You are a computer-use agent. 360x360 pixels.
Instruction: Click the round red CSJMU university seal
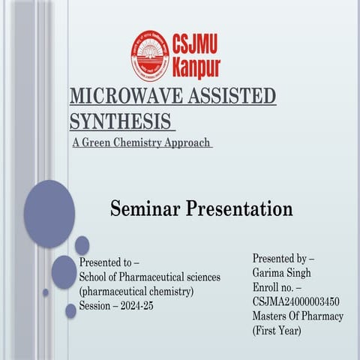click(x=150, y=55)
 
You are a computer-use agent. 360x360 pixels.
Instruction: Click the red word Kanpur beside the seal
click(x=196, y=67)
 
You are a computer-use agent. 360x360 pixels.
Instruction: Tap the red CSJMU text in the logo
click(x=196, y=43)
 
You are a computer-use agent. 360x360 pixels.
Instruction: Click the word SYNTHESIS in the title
click(x=117, y=121)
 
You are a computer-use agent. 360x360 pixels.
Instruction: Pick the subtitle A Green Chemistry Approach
click(x=141, y=142)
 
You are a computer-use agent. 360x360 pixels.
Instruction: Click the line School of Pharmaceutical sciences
click(x=149, y=277)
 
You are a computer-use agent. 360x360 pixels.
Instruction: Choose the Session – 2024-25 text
click(x=116, y=305)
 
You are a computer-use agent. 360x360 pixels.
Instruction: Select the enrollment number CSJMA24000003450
click(x=295, y=301)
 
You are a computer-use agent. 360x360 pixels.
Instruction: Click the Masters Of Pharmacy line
click(x=298, y=316)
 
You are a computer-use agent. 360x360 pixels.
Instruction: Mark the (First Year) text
click(x=277, y=330)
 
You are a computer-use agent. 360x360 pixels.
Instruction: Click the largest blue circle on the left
click(x=49, y=214)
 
